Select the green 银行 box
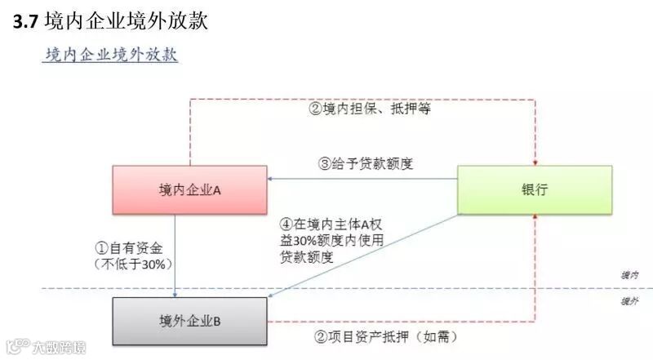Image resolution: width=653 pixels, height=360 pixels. click(x=534, y=190)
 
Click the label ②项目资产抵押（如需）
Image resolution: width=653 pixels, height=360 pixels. click(x=384, y=336)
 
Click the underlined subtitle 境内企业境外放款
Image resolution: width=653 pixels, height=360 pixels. click(x=111, y=56)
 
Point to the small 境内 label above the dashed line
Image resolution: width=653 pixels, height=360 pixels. click(x=629, y=277)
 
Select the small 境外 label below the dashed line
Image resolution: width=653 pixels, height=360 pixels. click(x=629, y=301)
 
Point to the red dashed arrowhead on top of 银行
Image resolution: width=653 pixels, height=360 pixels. click(x=534, y=162)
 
